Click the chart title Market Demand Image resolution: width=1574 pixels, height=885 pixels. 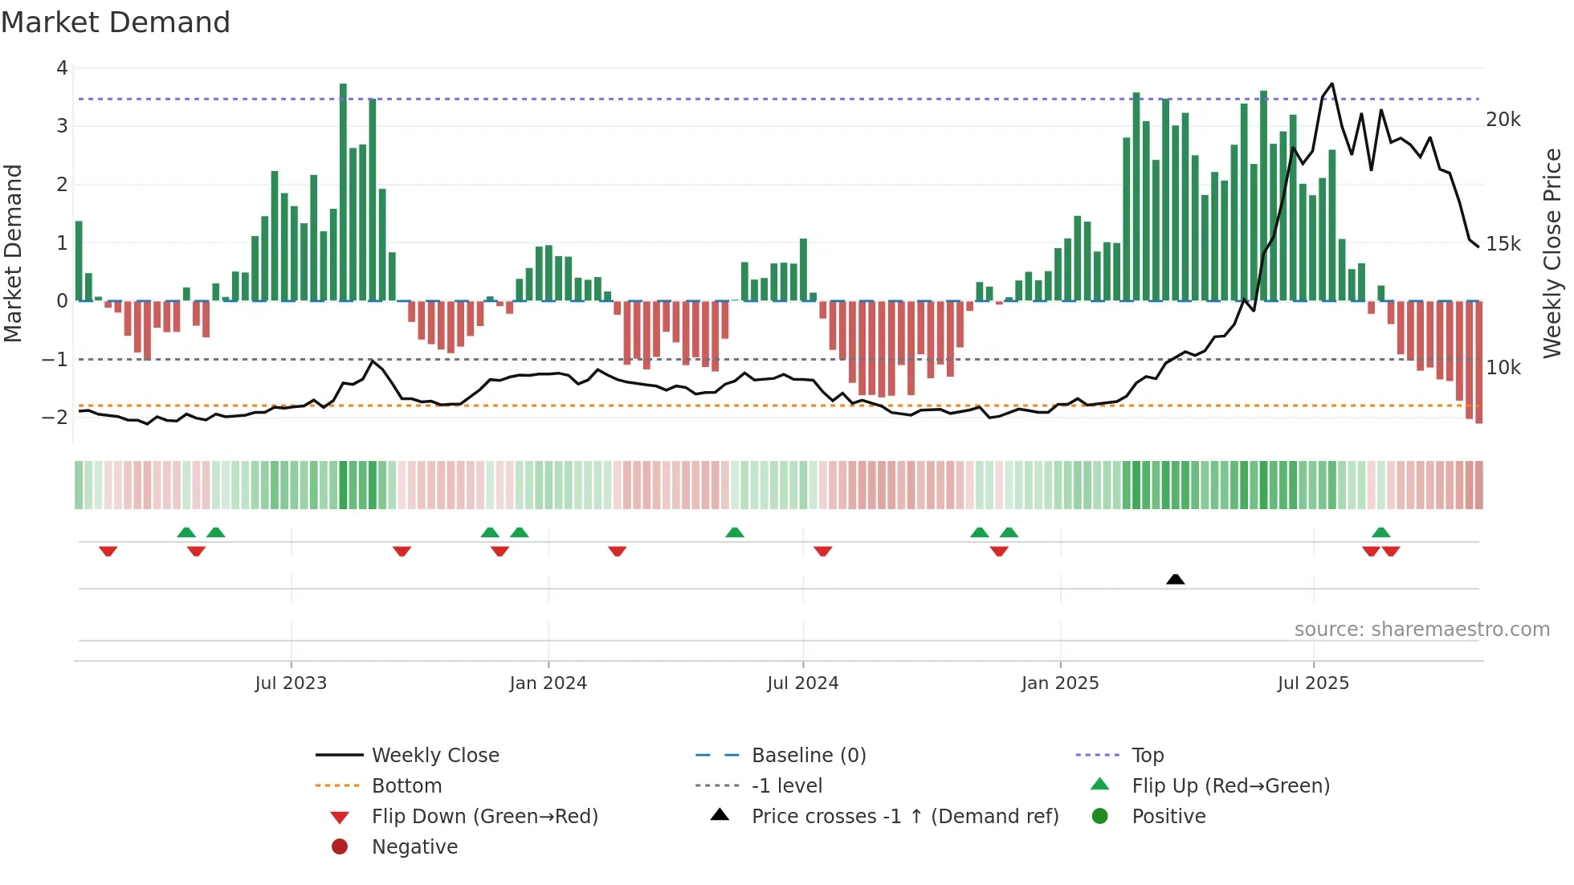point(116,22)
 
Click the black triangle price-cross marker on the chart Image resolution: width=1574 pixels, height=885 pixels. point(1175,579)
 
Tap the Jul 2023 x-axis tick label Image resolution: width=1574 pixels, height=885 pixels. point(291,683)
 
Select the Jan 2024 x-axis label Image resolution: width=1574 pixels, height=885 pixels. point(548,683)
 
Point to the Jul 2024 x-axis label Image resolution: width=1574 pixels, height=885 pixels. point(802,683)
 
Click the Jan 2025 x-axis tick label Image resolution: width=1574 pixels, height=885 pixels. point(1060,683)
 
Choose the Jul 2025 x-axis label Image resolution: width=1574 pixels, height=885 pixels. point(1313,683)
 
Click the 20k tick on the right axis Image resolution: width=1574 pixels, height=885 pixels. point(1503,120)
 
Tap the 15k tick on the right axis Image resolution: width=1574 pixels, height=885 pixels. point(1503,244)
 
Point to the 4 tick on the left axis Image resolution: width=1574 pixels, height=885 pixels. point(62,68)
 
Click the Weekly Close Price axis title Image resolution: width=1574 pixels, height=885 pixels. point(1552,253)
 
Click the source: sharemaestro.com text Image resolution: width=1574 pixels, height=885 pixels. point(1421,630)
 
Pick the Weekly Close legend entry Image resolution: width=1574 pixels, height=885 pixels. point(434,756)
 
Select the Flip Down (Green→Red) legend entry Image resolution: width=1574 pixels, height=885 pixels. point(484,817)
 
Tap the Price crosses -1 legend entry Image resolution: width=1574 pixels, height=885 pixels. point(904,817)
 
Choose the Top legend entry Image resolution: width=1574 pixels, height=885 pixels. point(1147,756)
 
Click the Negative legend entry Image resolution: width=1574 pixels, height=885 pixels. point(414,847)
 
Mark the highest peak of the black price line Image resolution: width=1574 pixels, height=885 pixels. point(1332,84)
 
